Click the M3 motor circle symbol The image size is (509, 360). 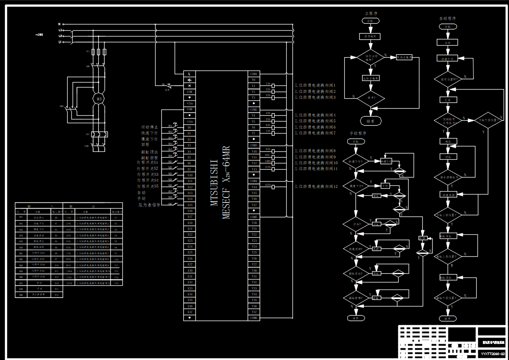pyautogui.click(x=99, y=99)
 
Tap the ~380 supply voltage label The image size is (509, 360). pyautogui.click(x=39, y=34)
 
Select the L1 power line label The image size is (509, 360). pyautogui.click(x=60, y=42)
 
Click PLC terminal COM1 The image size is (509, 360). pyautogui.click(x=254, y=74)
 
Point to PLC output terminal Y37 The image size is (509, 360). pyautogui.click(x=254, y=312)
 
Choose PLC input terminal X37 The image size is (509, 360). pyautogui.click(x=190, y=312)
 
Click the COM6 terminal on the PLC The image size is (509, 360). pyautogui.click(x=254, y=318)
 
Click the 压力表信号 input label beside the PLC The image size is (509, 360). pyautogui.click(x=149, y=205)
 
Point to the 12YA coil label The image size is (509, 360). pyautogui.click(x=268, y=185)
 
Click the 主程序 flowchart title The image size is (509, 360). pyautogui.click(x=370, y=13)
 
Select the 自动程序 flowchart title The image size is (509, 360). pyautogui.click(x=448, y=19)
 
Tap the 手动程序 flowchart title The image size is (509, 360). pyautogui.click(x=358, y=134)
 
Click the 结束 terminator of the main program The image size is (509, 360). pyautogui.click(x=370, y=122)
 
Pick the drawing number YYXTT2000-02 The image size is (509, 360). pyautogui.click(x=492, y=354)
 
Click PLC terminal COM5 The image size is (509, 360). pyautogui.click(x=254, y=217)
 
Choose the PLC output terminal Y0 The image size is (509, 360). pyautogui.click(x=254, y=80)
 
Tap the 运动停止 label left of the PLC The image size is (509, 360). pyautogui.click(x=149, y=127)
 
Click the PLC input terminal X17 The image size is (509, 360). pyautogui.click(x=190, y=217)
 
